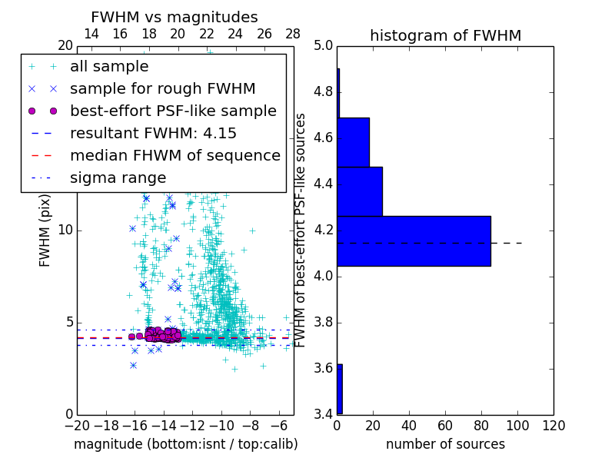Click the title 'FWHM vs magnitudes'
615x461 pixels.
coord(175,17)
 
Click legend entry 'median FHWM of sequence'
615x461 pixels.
coord(175,156)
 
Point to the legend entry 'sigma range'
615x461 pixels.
coord(118,178)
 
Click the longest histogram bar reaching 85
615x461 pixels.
coord(414,241)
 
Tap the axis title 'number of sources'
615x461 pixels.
coord(445,444)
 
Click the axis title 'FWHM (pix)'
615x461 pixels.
coord(45,230)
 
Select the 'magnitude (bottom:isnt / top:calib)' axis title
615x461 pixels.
coord(185,444)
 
